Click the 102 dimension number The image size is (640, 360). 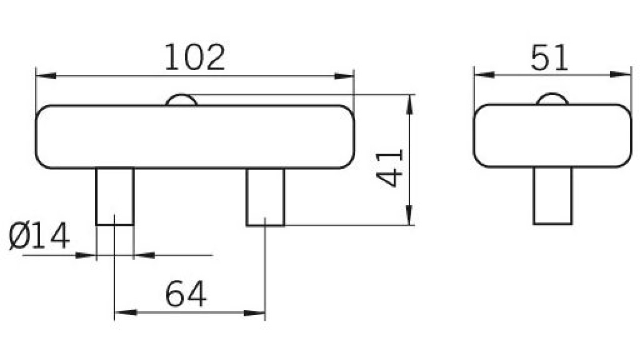pos(195,58)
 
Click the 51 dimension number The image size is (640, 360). pos(549,58)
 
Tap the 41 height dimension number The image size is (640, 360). pos(390,168)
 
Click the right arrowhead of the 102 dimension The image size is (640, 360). pos(344,76)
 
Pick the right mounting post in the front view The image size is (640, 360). pos(266,197)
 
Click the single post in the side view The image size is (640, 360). pos(552,196)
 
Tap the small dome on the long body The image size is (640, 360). pos(182,100)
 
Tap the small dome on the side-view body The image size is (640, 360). pos(552,99)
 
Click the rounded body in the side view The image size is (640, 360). pos(552,136)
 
